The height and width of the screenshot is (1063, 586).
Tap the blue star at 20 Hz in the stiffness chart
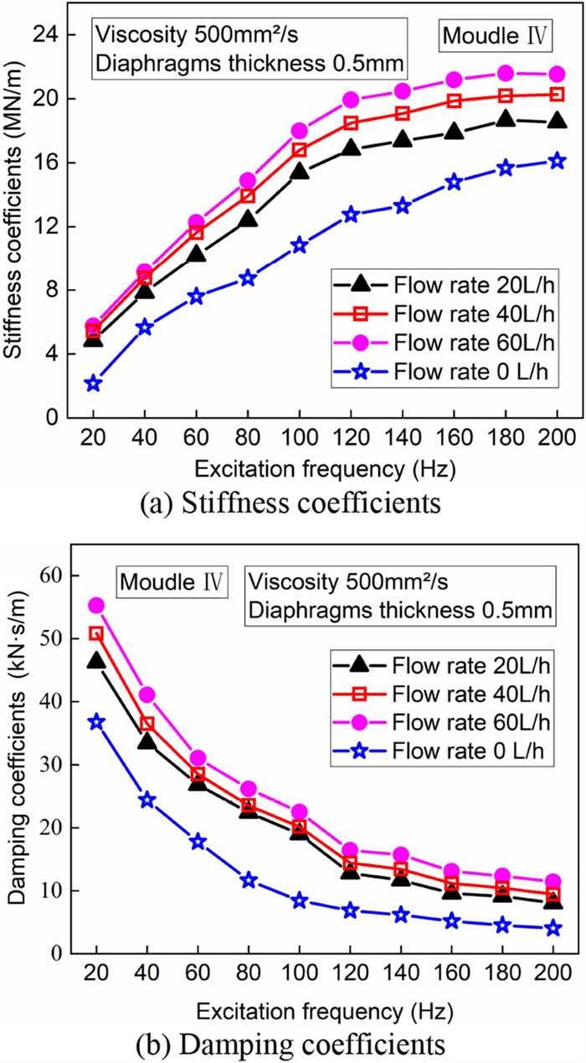pyautogui.click(x=93, y=384)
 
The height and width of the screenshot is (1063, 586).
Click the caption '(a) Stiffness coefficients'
pyautogui.click(x=291, y=503)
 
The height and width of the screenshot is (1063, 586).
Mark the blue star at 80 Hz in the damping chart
pyautogui.click(x=248, y=880)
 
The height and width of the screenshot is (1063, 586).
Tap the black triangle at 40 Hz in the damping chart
pyautogui.click(x=146, y=741)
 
